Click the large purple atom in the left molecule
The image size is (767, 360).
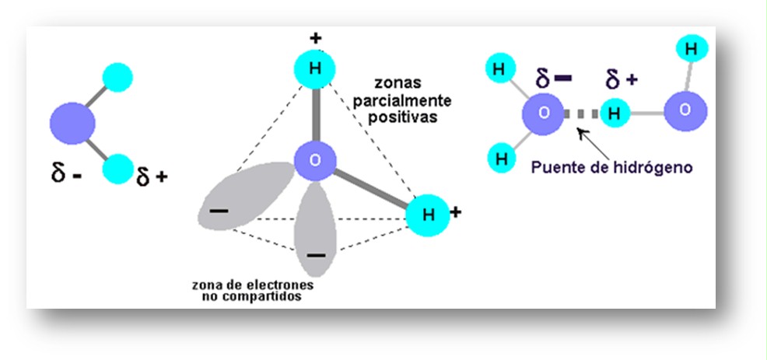72,123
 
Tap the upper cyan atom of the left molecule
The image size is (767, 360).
118,77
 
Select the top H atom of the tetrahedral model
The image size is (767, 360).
315,68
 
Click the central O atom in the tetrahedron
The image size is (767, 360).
315,162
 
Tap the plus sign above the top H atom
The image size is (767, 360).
315,37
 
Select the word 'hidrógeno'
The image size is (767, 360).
653,166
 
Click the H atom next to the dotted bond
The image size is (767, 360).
615,114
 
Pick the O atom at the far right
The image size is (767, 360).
685,110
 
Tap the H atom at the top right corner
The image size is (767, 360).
691,48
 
